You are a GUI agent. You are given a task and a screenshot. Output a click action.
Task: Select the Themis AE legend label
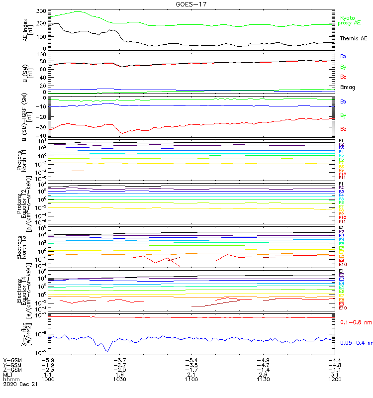pyautogui.click(x=354, y=38)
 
